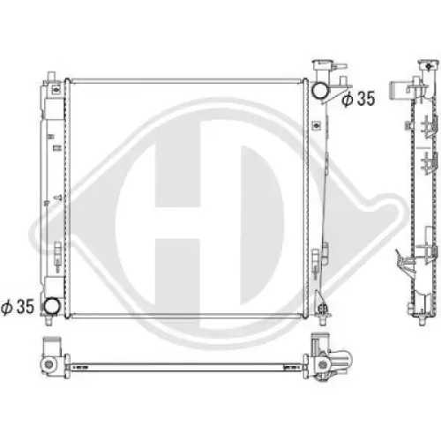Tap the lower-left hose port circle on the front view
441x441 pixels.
click(55, 307)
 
